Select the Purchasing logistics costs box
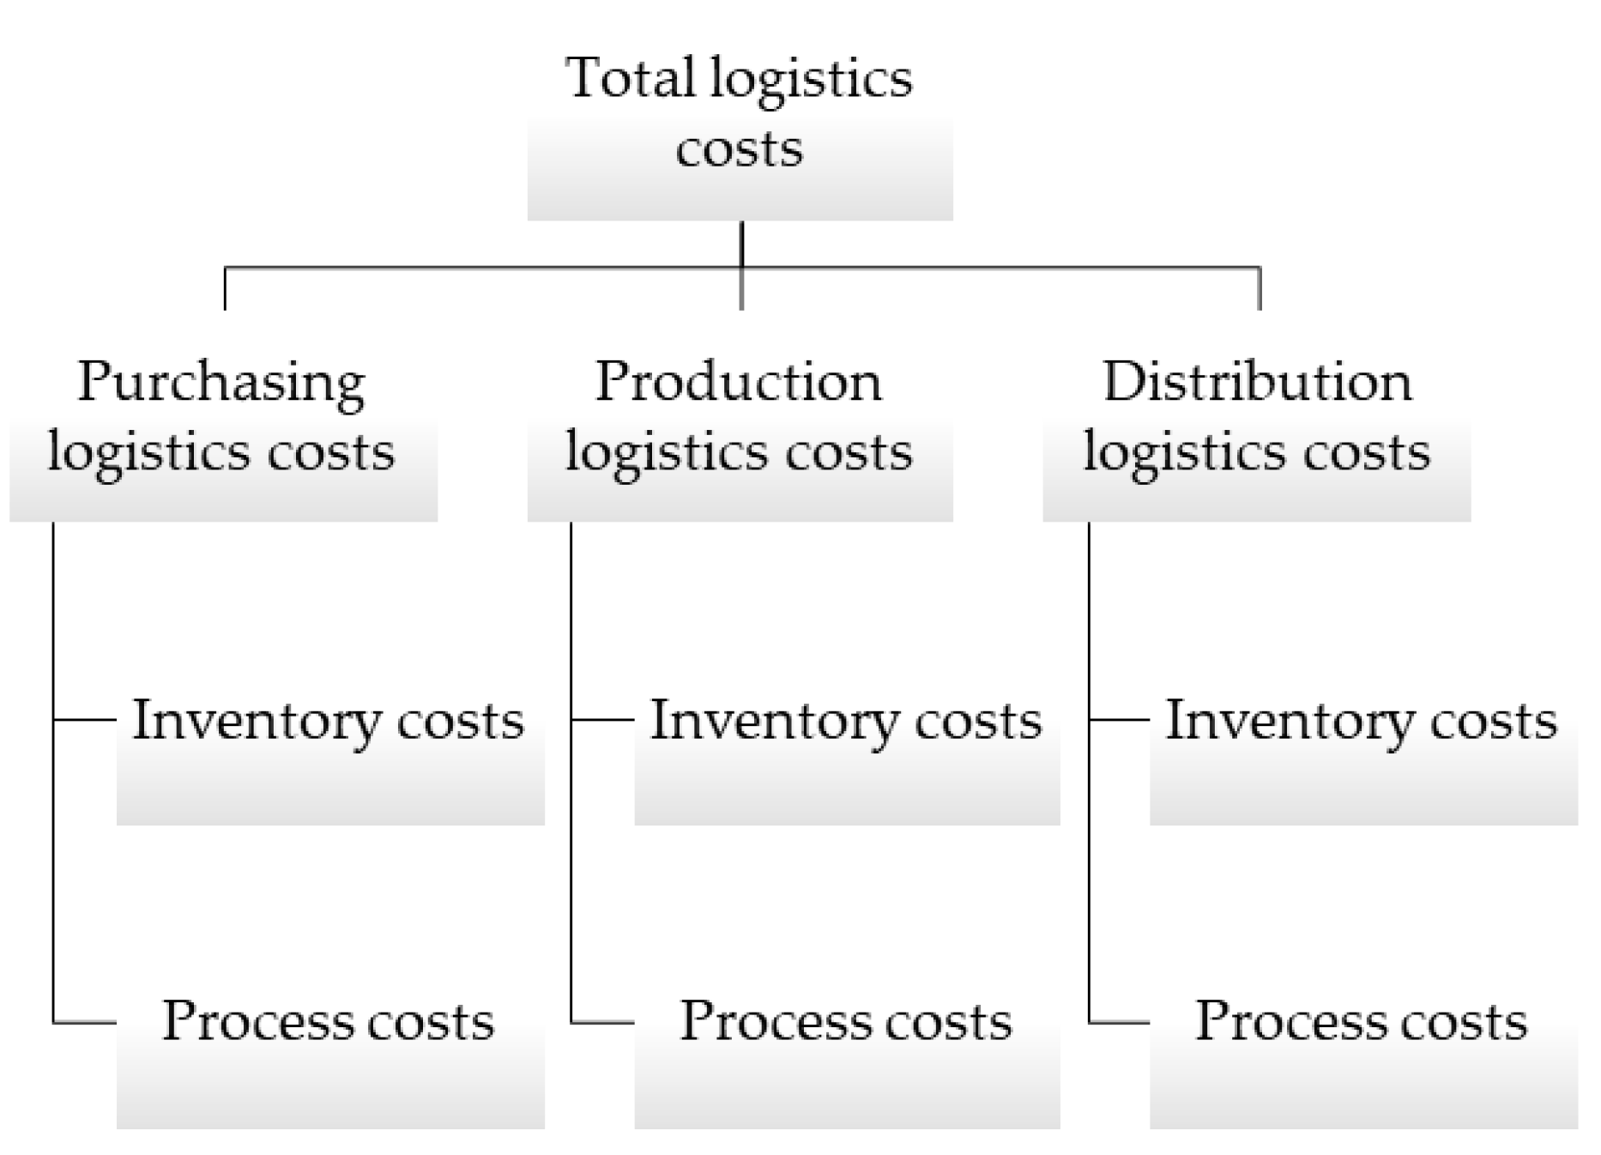tap(223, 438)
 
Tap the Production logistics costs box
tap(740, 438)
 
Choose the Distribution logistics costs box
tap(1256, 438)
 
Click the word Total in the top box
tap(630, 78)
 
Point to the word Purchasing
tap(221, 383)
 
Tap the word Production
tap(739, 382)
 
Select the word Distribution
tap(1257, 382)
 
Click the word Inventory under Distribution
tap(1287, 721)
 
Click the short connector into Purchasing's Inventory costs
tap(84, 719)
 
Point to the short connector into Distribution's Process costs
tap(1119, 1023)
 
